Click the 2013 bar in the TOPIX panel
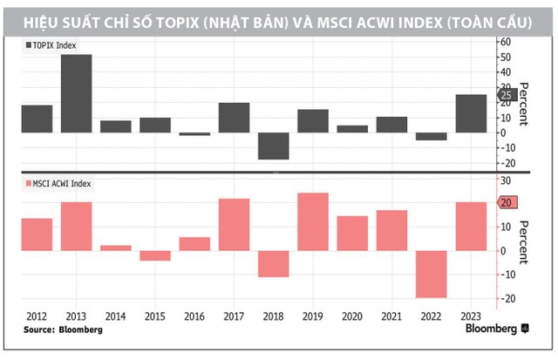point(76,93)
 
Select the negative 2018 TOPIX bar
point(273,146)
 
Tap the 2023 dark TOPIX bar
point(470,113)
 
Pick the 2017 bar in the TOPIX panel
point(234,118)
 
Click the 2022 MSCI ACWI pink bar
point(431,274)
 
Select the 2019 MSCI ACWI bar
point(312,222)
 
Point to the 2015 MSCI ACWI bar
point(155,255)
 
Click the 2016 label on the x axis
point(194,317)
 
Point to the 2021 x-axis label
point(391,317)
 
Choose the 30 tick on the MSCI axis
point(502,180)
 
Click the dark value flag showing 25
point(506,94)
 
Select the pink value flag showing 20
point(506,203)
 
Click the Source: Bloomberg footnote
point(63,330)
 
